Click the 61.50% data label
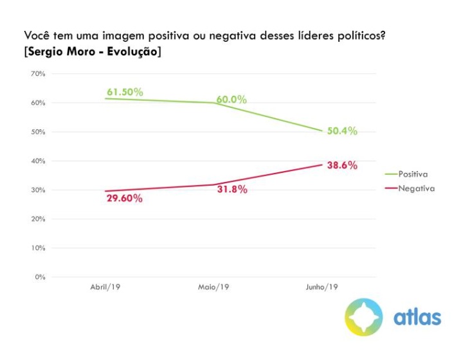tap(125, 92)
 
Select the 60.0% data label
tap(232, 100)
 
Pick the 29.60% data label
tap(125, 199)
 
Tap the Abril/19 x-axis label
tap(105, 287)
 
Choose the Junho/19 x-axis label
tap(321, 287)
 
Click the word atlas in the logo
tap(417, 317)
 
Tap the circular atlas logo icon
tap(363, 316)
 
